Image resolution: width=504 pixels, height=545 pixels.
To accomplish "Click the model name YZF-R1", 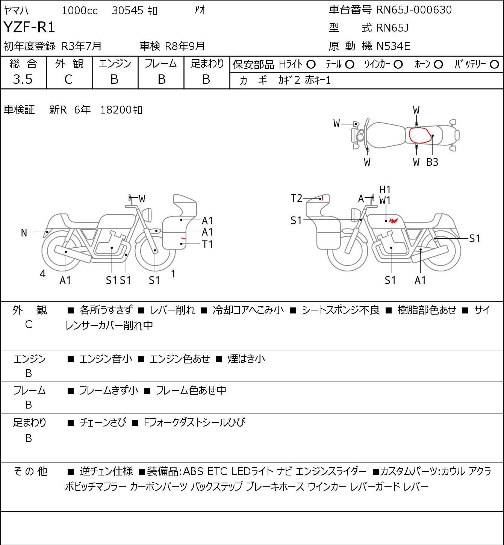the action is point(29,27).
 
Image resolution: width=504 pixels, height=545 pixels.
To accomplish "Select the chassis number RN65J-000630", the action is point(414,10).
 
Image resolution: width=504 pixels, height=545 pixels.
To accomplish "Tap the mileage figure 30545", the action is point(128,11).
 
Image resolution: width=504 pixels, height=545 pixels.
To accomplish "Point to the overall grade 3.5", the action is point(23,79).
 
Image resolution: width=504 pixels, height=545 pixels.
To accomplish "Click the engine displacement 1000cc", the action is point(80,11).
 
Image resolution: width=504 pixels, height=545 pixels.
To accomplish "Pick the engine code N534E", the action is point(393,46).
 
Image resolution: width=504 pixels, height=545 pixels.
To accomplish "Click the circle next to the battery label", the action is point(494,65).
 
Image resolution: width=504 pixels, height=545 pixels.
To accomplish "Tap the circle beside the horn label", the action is point(438,65).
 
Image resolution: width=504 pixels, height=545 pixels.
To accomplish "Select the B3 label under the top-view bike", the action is point(432,162).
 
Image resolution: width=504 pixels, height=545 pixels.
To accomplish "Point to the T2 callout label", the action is point(297,198).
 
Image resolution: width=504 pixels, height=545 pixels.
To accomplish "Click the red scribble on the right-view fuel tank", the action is point(394,220).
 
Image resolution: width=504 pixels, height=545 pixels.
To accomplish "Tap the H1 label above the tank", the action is point(385,190).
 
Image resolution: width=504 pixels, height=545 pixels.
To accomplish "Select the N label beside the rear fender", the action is point(24,233).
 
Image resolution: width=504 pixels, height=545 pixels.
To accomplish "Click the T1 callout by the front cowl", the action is point(207,244).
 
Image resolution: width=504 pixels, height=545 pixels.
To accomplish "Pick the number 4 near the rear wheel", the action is point(42,274).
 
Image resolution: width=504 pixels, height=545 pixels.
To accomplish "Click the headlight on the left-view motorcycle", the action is point(147,215).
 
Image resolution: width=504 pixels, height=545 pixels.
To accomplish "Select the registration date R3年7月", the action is point(82,46).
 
